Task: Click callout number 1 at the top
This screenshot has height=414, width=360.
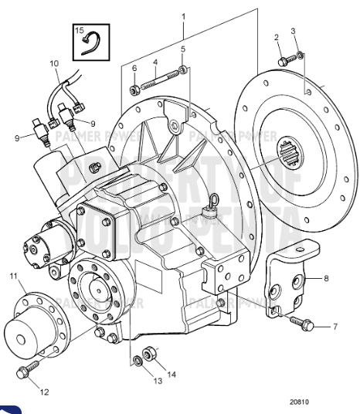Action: coord(183,15)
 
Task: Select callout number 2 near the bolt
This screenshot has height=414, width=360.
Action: coord(277,38)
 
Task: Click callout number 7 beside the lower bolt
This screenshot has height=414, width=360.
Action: coord(335,327)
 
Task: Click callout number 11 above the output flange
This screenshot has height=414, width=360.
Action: coord(13,277)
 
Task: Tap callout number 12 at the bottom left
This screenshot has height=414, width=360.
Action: coord(44,392)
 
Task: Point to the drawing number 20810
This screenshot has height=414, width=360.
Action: coord(302,402)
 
